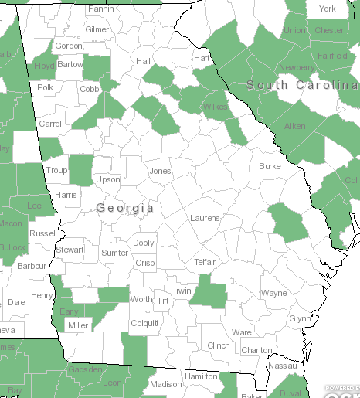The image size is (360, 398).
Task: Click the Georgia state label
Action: point(125,208)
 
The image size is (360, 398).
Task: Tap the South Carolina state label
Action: point(302,84)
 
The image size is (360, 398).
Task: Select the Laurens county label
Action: point(205,219)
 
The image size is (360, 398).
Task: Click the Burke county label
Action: point(270,166)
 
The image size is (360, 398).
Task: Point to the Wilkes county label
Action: point(215,107)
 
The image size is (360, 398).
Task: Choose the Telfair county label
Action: point(205,263)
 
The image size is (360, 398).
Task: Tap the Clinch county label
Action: point(219,345)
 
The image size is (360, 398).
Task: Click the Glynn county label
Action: point(300,318)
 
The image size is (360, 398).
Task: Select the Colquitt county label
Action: point(144,323)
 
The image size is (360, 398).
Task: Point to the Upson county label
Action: point(108,180)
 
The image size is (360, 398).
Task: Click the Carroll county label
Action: point(52,124)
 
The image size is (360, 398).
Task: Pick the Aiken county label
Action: point(294,126)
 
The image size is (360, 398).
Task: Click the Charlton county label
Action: point(256,350)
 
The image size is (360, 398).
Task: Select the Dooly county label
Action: point(144,243)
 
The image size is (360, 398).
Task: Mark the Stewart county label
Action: point(70,250)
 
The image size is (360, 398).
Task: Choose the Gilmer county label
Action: point(97,29)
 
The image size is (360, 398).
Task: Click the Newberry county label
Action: point(297,67)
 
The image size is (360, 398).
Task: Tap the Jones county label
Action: point(160,171)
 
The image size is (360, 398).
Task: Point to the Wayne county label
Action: point(273,294)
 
